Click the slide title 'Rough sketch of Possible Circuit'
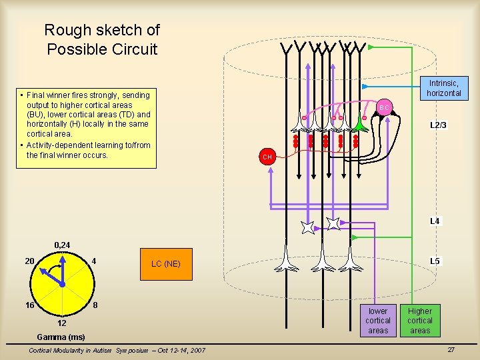[x=102, y=39]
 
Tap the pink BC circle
[x=384, y=107]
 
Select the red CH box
[x=267, y=157]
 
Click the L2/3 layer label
[x=438, y=125]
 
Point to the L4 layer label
[x=435, y=221]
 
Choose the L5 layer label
[x=435, y=261]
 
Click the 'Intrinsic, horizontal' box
[x=444, y=88]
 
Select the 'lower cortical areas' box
[x=378, y=321]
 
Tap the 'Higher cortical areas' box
[x=420, y=321]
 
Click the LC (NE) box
[x=165, y=263]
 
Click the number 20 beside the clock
[x=29, y=261]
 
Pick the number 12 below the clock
[x=61, y=323]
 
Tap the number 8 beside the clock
[x=95, y=305]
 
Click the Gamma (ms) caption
[x=61, y=337]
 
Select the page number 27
[x=451, y=349]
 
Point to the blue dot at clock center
[x=61, y=284]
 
